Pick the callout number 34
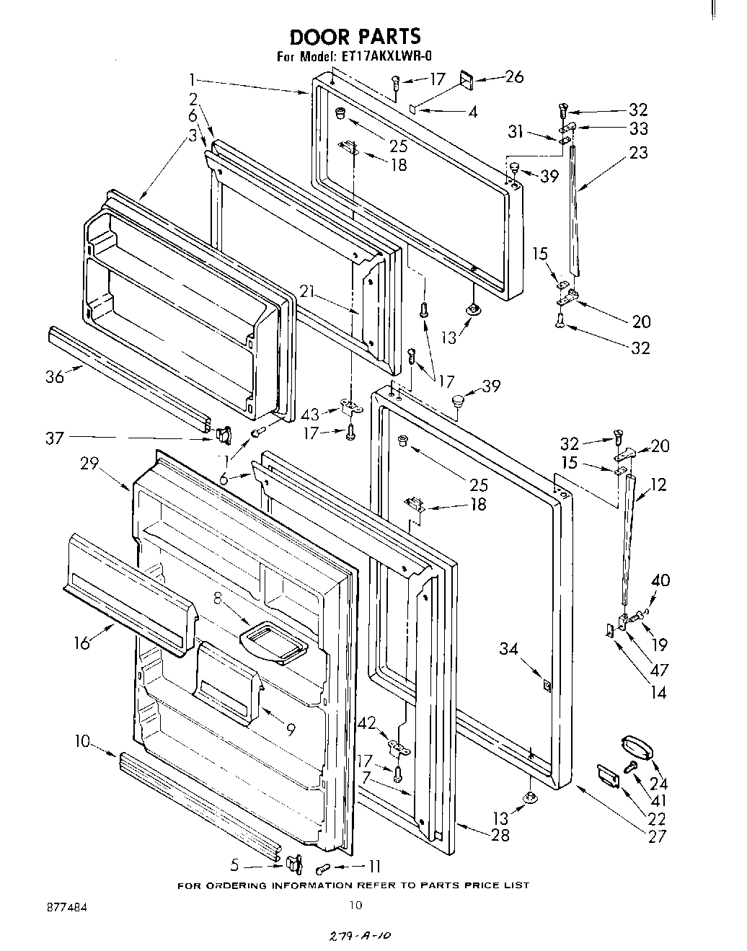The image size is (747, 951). (x=509, y=650)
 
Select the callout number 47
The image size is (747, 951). (x=658, y=671)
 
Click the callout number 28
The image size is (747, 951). (x=500, y=835)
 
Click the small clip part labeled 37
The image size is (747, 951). (x=223, y=435)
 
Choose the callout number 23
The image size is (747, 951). (x=638, y=153)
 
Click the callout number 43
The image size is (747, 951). (x=310, y=415)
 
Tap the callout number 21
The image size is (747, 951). (x=309, y=291)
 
